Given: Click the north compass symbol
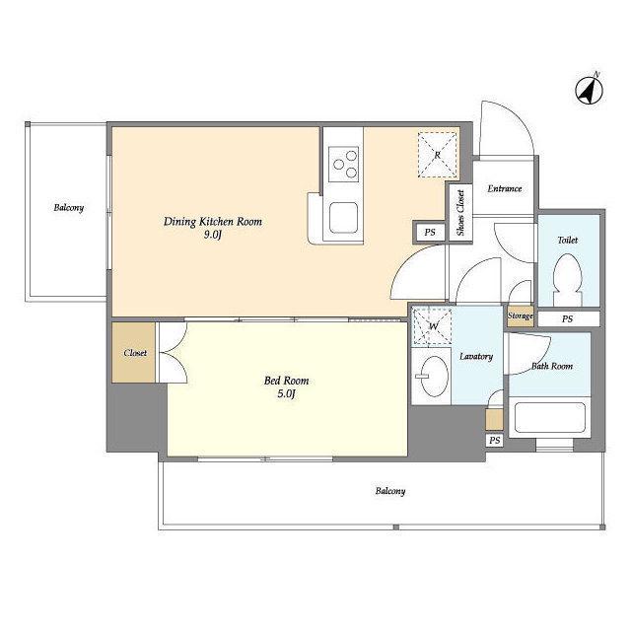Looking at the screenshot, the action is [589, 91].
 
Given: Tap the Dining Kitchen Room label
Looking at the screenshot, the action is [213, 221].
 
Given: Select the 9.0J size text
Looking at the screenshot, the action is [213, 235].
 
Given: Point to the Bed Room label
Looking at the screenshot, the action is [286, 381].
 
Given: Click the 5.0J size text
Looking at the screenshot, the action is [286, 394].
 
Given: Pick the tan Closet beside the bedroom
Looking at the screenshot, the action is [134, 353].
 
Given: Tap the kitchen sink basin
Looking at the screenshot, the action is [343, 218].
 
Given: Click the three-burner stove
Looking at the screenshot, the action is [343, 165].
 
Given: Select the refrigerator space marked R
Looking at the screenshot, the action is [438, 155].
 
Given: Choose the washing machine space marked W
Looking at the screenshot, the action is [432, 326].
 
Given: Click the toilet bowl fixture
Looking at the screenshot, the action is [568, 279].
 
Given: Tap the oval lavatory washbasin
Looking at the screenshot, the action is [434, 376].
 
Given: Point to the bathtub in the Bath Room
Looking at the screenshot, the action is [550, 417].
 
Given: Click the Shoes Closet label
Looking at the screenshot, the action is [460, 213].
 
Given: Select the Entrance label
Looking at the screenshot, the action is [505, 188].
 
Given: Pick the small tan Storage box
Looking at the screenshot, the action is [521, 315].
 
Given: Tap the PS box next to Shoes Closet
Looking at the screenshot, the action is [430, 233].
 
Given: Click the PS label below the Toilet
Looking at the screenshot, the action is [567, 319].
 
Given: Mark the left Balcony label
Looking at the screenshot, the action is [69, 208].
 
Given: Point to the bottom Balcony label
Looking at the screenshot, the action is [390, 491].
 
